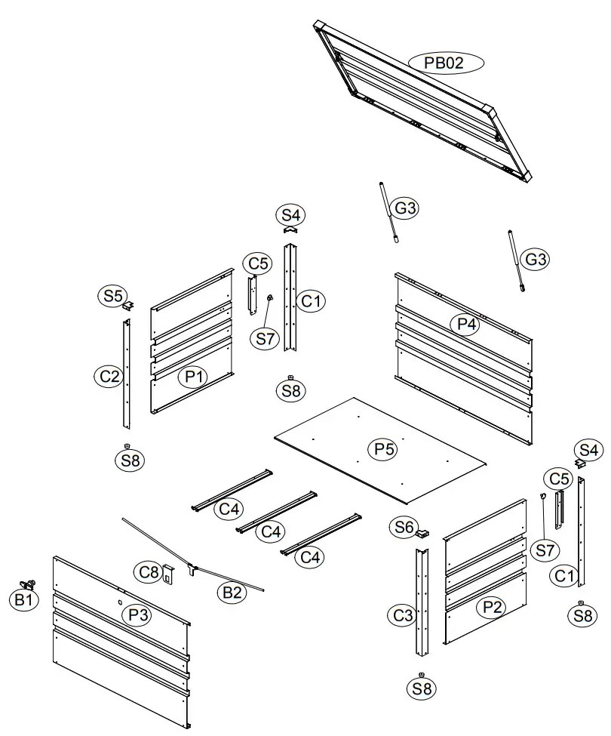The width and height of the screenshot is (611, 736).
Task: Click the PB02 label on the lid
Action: pyautogui.click(x=445, y=63)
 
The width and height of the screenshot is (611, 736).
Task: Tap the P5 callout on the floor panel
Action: pyautogui.click(x=385, y=449)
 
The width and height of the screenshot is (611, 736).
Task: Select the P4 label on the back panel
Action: pyautogui.click(x=467, y=325)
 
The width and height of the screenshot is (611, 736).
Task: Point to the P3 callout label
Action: pyautogui.click(x=137, y=615)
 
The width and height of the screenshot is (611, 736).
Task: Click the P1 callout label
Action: pyautogui.click(x=193, y=377)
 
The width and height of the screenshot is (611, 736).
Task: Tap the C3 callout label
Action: pyautogui.click(x=404, y=616)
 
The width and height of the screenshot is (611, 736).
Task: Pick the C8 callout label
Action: pyautogui.click(x=149, y=571)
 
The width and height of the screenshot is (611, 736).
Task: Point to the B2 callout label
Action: pyautogui.click(x=232, y=593)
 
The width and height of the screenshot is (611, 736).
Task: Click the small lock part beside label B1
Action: pyautogui.click(x=30, y=584)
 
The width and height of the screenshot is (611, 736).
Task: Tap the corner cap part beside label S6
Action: pyautogui.click(x=422, y=534)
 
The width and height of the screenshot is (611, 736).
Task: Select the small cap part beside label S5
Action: pyautogui.click(x=130, y=305)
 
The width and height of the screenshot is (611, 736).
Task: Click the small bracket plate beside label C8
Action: pyautogui.click(x=168, y=575)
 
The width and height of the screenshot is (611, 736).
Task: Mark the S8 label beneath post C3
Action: pyautogui.click(x=422, y=688)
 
